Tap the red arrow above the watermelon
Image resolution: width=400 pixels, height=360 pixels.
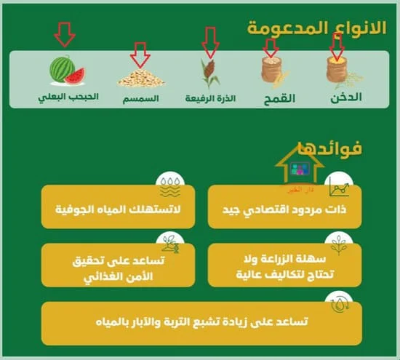point(65,33)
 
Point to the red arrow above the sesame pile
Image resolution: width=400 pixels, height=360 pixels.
point(140,52)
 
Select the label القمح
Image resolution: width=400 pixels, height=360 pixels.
point(278,97)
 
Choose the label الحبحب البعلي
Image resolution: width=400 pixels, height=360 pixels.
point(68,96)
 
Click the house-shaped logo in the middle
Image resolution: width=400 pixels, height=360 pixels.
point(300,169)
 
